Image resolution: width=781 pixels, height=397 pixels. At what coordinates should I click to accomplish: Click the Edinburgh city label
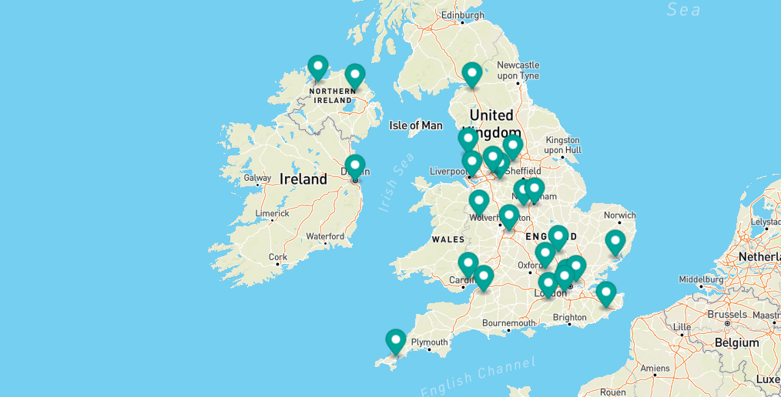(x=463, y=15)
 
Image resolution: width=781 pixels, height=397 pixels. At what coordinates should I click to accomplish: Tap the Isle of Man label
(x=416, y=125)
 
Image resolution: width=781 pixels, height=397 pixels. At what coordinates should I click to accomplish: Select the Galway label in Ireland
(x=257, y=178)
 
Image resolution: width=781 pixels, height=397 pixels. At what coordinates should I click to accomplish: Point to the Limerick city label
(x=273, y=213)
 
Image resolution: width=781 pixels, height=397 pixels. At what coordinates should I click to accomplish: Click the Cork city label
(x=278, y=258)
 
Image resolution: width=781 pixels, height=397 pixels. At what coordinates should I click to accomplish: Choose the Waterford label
(x=325, y=236)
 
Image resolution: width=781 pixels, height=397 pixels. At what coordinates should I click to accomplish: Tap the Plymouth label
(x=429, y=342)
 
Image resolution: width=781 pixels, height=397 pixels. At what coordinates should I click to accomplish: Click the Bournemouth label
(x=508, y=323)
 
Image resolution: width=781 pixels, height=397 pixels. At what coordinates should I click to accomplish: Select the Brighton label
(x=569, y=317)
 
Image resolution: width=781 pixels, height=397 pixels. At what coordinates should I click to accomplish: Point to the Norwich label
(x=620, y=215)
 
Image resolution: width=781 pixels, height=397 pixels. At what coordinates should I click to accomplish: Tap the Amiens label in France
(x=656, y=368)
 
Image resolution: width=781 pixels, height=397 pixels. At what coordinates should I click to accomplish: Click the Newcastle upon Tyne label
(x=518, y=70)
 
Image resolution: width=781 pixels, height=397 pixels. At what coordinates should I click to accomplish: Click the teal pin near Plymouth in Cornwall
(x=396, y=341)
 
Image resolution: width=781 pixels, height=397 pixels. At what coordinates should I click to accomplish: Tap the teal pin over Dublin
(x=355, y=166)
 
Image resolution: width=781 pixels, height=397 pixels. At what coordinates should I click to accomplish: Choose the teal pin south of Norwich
(x=615, y=242)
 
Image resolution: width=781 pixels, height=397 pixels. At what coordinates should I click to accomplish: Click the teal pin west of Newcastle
(x=472, y=74)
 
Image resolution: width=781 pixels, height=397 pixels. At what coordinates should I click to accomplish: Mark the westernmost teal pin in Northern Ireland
(x=317, y=67)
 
